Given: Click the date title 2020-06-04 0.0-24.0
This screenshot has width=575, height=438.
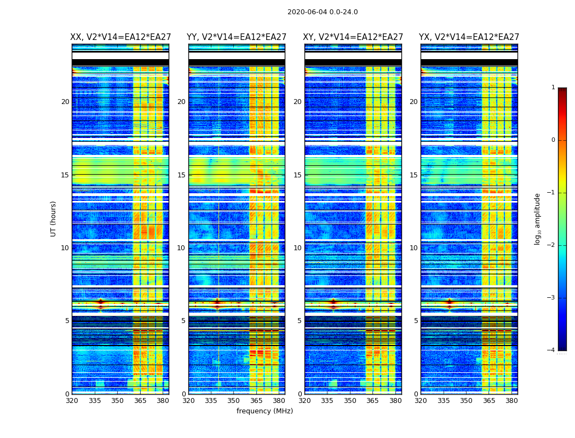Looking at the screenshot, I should pos(323,12).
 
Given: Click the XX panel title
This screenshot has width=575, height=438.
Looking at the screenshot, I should pos(120,37).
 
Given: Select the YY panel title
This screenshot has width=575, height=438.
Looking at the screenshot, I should pos(237,37).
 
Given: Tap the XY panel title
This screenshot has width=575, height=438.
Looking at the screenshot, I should pos(353,37).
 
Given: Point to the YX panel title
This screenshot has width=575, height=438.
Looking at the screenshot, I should pos(469,37).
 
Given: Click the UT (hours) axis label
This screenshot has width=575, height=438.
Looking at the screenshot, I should pos(53,218).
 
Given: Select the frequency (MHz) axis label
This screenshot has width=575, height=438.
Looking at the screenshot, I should pos(264,411).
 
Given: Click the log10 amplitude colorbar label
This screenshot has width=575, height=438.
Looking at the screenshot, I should pos(538,218).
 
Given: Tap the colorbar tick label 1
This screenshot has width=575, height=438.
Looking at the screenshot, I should pos(553,88).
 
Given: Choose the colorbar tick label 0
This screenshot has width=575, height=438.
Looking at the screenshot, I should pos(553,140).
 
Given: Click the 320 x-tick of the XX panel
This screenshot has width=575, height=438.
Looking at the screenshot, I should pos(72,401).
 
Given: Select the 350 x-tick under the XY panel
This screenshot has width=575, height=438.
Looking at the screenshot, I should pos(350,401).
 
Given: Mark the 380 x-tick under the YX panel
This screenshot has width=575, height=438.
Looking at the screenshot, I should pos(511,401).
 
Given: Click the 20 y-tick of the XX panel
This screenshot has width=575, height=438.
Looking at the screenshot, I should pos(65,102).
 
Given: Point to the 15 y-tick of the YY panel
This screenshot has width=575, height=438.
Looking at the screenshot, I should pos(181,175).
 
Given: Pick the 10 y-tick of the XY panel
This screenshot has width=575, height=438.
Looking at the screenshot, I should pos(297,248).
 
